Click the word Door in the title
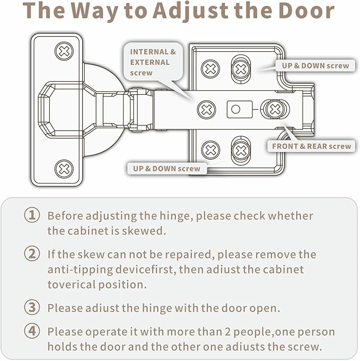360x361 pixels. point(306,11)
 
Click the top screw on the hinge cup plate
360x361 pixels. point(64,51)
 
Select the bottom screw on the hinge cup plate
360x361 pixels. point(64,169)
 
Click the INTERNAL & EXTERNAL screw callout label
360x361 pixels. point(153,62)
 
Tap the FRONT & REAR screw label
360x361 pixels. point(311,146)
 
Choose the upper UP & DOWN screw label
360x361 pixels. point(315,66)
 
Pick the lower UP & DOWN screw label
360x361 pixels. point(166,169)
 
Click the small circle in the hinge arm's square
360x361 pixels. point(235,109)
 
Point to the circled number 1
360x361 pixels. point(32,215)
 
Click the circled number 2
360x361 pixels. point(32,254)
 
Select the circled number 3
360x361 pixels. point(32,307)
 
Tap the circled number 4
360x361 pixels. point(32,331)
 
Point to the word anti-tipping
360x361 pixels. point(80,270)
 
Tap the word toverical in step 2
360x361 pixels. point(72,285)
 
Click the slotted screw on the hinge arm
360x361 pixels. point(275,109)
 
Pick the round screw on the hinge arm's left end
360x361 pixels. point(207,110)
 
